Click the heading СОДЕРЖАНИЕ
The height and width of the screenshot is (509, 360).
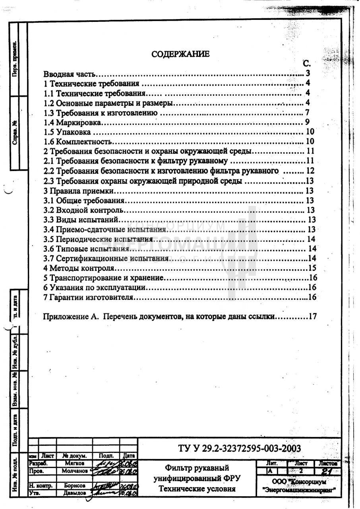click(x=180, y=54)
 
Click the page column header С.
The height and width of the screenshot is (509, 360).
click(x=306, y=64)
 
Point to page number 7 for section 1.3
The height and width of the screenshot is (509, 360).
click(x=307, y=113)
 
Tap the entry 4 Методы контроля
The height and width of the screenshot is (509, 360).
click(x=79, y=268)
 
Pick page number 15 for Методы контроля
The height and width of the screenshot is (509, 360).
click(x=312, y=268)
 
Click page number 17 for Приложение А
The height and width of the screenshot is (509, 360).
click(x=312, y=317)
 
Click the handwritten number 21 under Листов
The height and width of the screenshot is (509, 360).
click(x=328, y=471)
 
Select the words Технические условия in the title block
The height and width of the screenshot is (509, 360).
click(x=197, y=488)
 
